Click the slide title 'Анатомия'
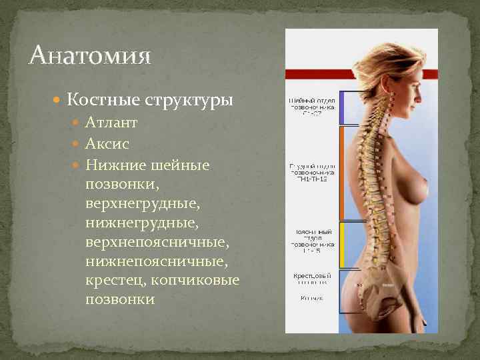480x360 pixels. pos(90,55)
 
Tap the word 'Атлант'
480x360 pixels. pos(112,123)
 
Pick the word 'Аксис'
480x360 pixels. pos(107,143)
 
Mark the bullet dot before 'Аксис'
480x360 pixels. pos(77,144)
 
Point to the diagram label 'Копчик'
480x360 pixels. pos(311,298)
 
